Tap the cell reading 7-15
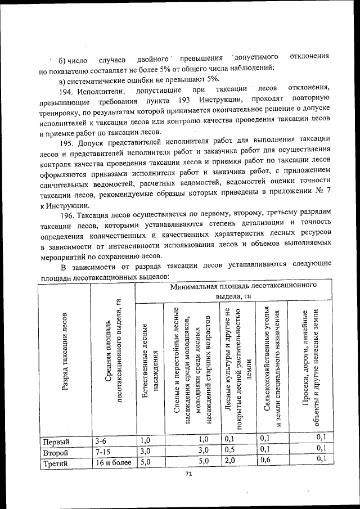104,452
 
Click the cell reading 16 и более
112,463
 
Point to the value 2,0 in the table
229,463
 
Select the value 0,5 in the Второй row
229,451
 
